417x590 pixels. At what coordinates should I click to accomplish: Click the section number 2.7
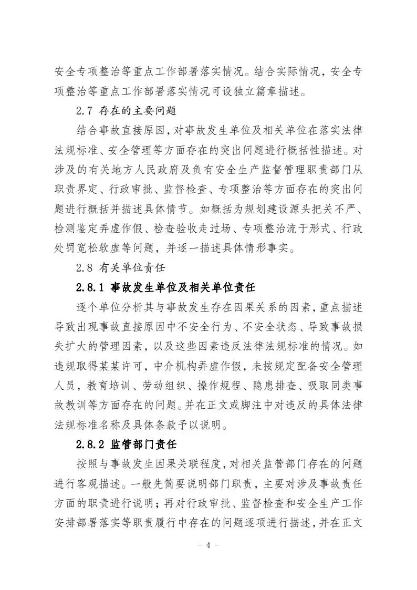[x=84, y=111]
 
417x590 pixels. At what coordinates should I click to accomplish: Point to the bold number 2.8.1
[x=91, y=288]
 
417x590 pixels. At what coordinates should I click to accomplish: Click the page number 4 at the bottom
[x=208, y=544]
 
